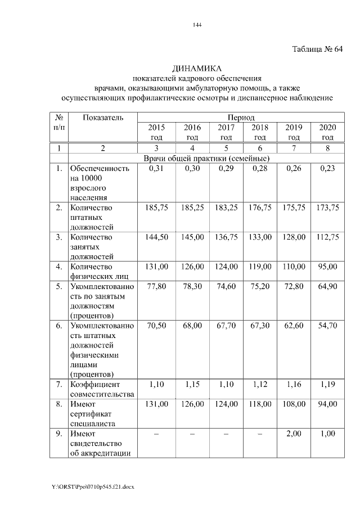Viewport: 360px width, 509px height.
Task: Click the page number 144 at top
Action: [x=196, y=25]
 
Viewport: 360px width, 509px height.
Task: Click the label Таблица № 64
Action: [x=317, y=49]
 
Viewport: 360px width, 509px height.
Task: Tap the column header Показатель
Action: [x=102, y=118]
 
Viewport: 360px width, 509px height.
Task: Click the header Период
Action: [x=241, y=118]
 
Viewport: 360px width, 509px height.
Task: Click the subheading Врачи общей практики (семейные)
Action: [x=206, y=158]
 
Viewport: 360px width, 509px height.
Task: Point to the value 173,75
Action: [x=327, y=208]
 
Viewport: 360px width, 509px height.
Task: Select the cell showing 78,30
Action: [x=192, y=286]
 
